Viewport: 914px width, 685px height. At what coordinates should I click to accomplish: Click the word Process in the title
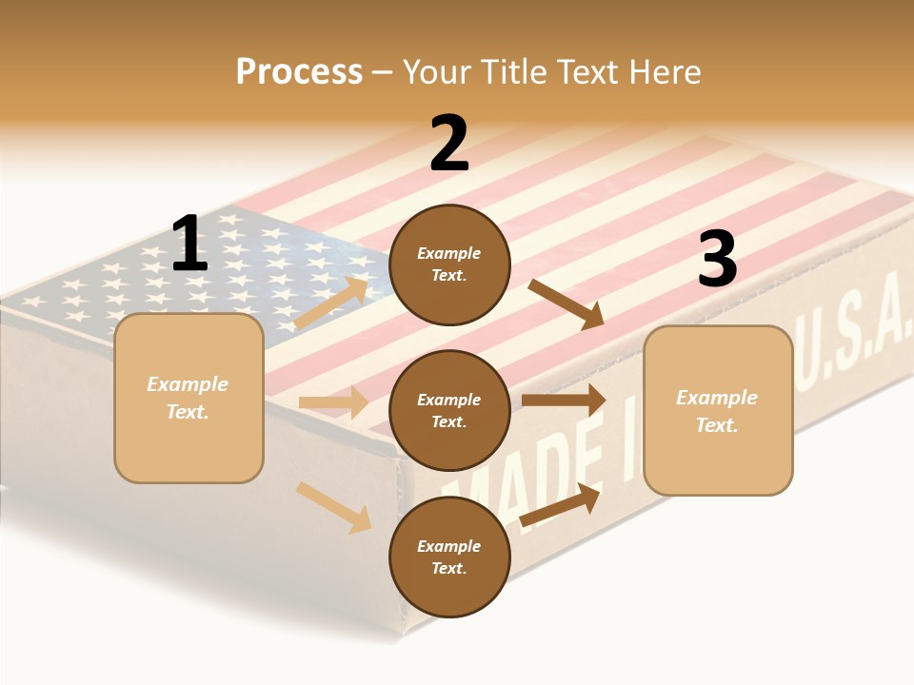[x=299, y=72]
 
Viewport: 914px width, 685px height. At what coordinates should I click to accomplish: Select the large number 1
[x=189, y=245]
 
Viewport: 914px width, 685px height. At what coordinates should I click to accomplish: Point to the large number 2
[x=449, y=144]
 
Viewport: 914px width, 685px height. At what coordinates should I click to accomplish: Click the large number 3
[x=717, y=259]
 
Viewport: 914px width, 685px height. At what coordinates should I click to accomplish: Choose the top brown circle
[x=449, y=264]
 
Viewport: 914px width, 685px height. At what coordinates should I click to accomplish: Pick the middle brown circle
[x=449, y=410]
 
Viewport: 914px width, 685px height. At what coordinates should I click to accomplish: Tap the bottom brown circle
[x=449, y=557]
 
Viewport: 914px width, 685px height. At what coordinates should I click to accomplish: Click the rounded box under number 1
[x=189, y=398]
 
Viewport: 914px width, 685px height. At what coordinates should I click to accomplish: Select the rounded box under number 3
[x=718, y=410]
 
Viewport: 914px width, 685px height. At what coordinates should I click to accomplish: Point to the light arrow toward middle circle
[x=333, y=402]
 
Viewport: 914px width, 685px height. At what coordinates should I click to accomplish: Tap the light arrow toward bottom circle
[x=333, y=507]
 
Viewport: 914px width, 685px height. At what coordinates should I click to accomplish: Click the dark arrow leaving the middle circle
[x=564, y=401]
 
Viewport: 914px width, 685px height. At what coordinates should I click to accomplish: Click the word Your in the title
[x=436, y=72]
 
